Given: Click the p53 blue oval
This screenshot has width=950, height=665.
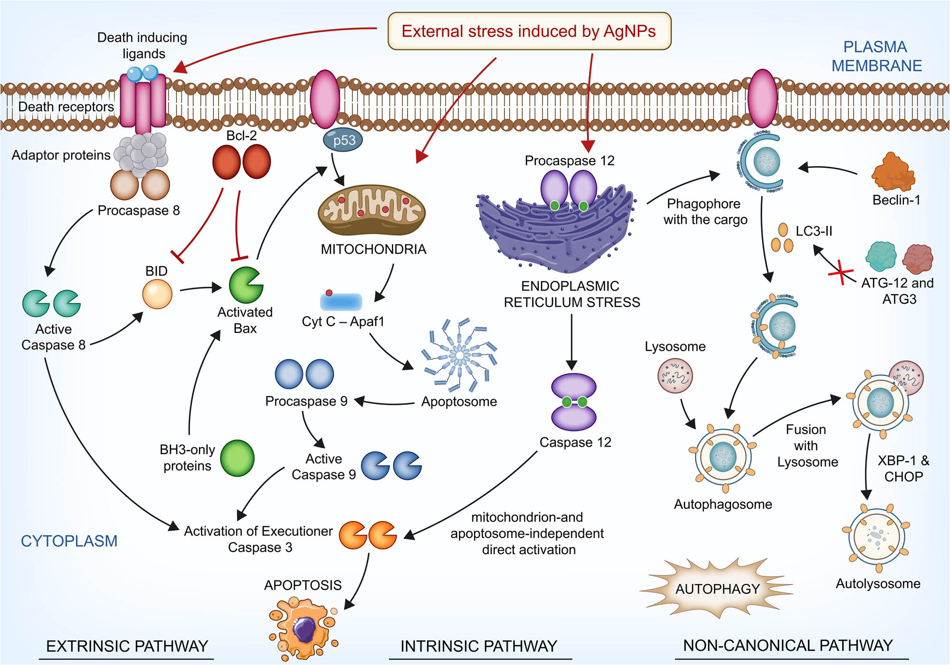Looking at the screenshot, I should point(342,140).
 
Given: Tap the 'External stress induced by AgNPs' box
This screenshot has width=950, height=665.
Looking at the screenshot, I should point(529,31).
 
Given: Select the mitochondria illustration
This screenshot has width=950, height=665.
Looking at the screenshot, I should point(371,210).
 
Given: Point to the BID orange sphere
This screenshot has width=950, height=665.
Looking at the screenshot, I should point(157,294).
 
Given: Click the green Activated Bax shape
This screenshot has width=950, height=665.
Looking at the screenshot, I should point(246,285).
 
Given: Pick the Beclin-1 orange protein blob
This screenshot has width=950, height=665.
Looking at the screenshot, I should point(893,173).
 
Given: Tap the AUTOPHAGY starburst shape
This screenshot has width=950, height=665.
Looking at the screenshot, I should point(717,589).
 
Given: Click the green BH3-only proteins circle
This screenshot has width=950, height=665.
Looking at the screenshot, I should point(237,458).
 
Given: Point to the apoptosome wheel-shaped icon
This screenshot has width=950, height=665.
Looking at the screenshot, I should point(459,355).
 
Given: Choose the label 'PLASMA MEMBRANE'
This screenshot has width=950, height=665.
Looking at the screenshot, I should point(876,56).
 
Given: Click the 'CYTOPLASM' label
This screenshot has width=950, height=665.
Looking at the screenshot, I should point(69,541).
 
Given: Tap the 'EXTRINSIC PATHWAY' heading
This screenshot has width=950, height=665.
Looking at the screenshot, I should point(127,646).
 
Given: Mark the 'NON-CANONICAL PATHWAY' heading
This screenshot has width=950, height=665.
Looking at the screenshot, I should point(788,646).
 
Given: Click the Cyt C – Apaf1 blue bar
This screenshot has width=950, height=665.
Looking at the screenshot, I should point(341,301).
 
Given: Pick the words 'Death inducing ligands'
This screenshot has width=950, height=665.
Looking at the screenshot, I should point(142,46).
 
